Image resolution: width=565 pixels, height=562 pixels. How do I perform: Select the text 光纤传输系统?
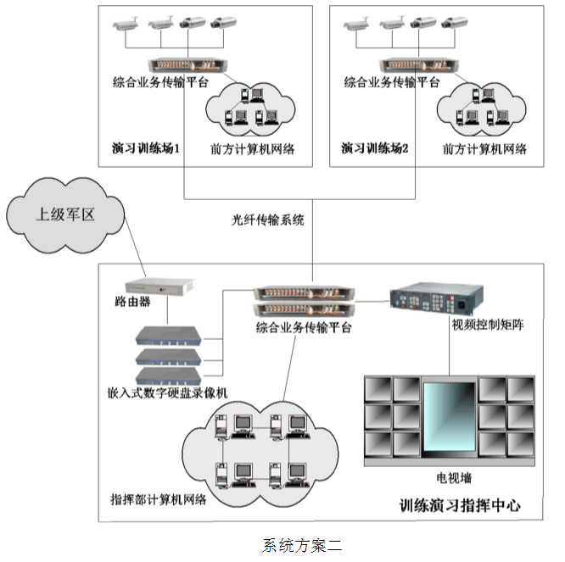[x=268, y=218]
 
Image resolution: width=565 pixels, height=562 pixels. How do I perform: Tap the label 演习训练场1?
[x=145, y=148]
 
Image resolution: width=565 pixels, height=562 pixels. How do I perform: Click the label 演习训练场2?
[x=375, y=148]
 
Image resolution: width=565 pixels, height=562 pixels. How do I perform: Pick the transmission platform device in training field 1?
[x=183, y=64]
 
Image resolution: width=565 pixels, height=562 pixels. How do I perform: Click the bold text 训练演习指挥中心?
[x=460, y=506]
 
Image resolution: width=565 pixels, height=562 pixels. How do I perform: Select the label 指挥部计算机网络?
[x=159, y=498]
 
